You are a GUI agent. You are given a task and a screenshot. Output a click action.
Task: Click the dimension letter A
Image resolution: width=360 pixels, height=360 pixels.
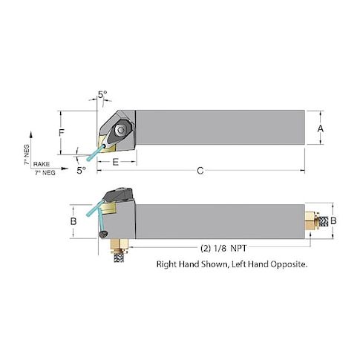321,128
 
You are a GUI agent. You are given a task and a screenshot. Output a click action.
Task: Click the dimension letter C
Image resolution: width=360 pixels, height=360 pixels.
200,171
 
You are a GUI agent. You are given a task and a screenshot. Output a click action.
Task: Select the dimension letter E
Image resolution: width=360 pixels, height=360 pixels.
116,162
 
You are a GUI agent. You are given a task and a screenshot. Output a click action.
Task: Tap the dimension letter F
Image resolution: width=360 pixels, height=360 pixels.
62,133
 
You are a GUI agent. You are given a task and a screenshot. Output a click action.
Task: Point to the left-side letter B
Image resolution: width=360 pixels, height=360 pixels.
73,221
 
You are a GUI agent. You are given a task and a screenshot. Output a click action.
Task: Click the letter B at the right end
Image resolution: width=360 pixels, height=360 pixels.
333,220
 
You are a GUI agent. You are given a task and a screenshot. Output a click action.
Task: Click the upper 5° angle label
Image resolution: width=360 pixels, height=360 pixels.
102,94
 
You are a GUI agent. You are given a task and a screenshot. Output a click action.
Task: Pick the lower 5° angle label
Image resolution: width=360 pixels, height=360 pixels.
81,170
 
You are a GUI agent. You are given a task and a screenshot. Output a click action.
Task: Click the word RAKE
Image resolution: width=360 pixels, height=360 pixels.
42,164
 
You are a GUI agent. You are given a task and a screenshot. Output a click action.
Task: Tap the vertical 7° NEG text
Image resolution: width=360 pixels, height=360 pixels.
27,154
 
